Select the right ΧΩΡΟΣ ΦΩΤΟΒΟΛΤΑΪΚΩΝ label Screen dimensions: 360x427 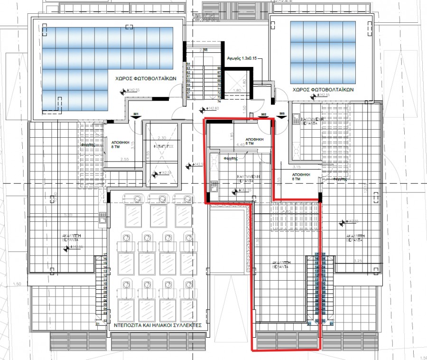[323, 89]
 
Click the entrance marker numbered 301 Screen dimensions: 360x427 [136, 114]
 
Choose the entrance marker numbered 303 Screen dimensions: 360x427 [282, 114]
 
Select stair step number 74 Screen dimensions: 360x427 [219, 101]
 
